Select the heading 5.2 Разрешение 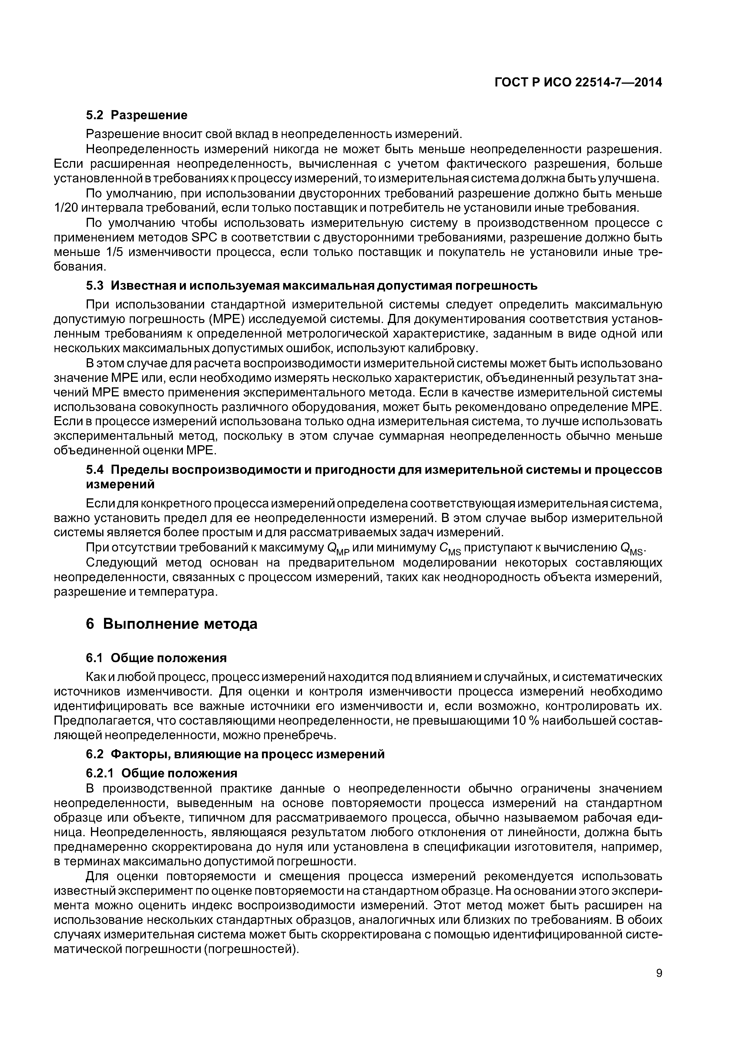tap(137, 114)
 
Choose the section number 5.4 tap(95, 470)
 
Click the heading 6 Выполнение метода tap(171, 624)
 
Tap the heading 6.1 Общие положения tap(156, 658)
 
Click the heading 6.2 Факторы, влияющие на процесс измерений tap(235, 754)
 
